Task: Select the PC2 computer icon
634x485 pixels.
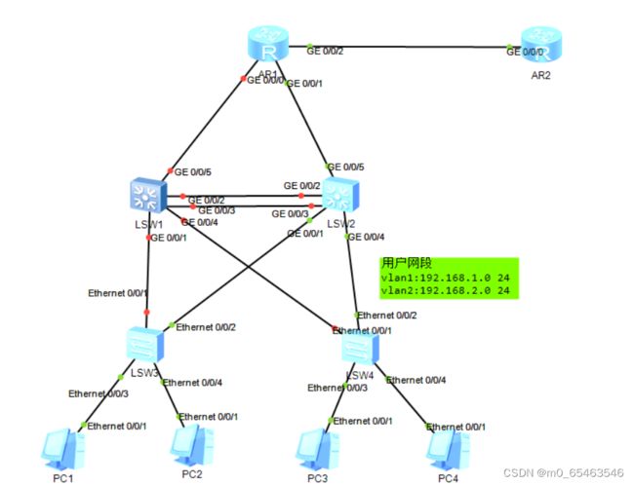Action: pyautogui.click(x=190, y=446)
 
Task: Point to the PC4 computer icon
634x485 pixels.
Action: pyautogui.click(x=447, y=448)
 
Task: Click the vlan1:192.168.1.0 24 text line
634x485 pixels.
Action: pyautogui.click(x=445, y=278)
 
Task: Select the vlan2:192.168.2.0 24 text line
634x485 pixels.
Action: pyautogui.click(x=445, y=290)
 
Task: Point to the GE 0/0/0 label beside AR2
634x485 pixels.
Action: pyautogui.click(x=527, y=52)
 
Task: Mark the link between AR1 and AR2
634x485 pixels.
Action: pyautogui.click(x=410, y=48)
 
